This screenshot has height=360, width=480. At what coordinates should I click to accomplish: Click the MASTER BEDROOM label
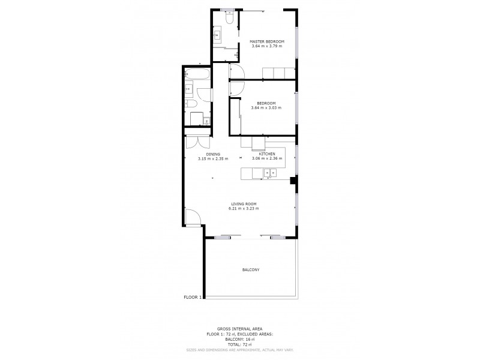[262, 41]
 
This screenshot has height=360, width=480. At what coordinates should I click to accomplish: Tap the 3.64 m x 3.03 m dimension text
[262, 108]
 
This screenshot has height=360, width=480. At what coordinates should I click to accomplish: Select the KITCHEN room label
[268, 154]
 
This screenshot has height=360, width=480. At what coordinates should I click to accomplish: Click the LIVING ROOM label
[245, 204]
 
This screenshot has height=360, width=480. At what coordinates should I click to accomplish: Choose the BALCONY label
[251, 270]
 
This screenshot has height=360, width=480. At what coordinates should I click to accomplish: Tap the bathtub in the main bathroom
[197, 75]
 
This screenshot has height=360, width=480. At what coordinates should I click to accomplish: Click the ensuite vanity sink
[217, 35]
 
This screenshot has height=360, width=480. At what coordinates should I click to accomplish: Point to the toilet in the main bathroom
[194, 118]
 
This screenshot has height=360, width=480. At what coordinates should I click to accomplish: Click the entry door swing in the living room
[193, 217]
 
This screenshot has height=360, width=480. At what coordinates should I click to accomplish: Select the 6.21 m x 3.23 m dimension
[245, 209]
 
